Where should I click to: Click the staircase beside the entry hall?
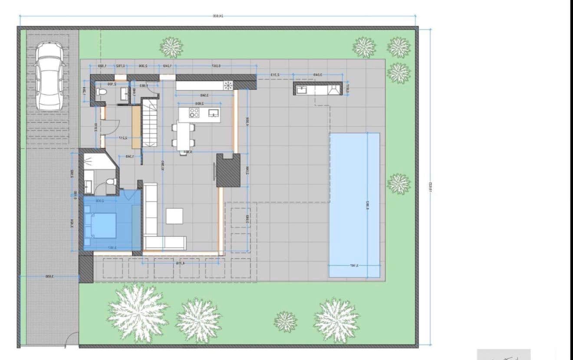[x=150, y=123]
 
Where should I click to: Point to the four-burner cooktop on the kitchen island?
[x=194, y=113]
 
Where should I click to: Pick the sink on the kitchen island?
[x=214, y=113]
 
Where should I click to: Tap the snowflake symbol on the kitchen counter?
[x=227, y=85]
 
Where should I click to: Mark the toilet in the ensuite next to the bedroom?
[x=112, y=181]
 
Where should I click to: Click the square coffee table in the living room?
[x=175, y=216]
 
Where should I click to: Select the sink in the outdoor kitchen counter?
[x=302, y=89]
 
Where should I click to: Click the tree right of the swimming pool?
[x=398, y=184]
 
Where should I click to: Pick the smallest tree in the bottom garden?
[x=286, y=321]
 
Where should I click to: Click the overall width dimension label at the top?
[x=217, y=16]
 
